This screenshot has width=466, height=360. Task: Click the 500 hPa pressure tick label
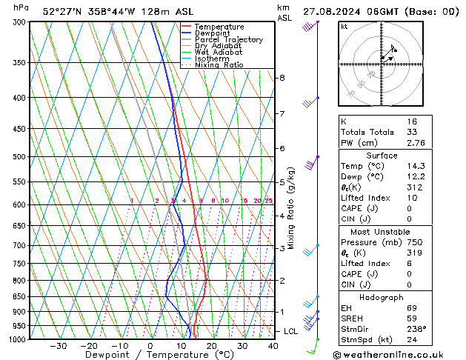(21, 157)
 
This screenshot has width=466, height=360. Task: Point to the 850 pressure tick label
(21, 296)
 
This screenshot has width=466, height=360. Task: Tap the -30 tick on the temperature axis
(58, 346)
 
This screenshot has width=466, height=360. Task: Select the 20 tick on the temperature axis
(212, 346)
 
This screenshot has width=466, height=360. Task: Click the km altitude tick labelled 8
(282, 78)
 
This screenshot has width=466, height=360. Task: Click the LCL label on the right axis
(291, 331)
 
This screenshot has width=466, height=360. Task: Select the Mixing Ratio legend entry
(223, 65)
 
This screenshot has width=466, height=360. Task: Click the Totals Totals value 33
(412, 132)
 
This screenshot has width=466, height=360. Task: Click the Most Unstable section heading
(382, 231)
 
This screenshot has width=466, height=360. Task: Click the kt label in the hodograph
(344, 27)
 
